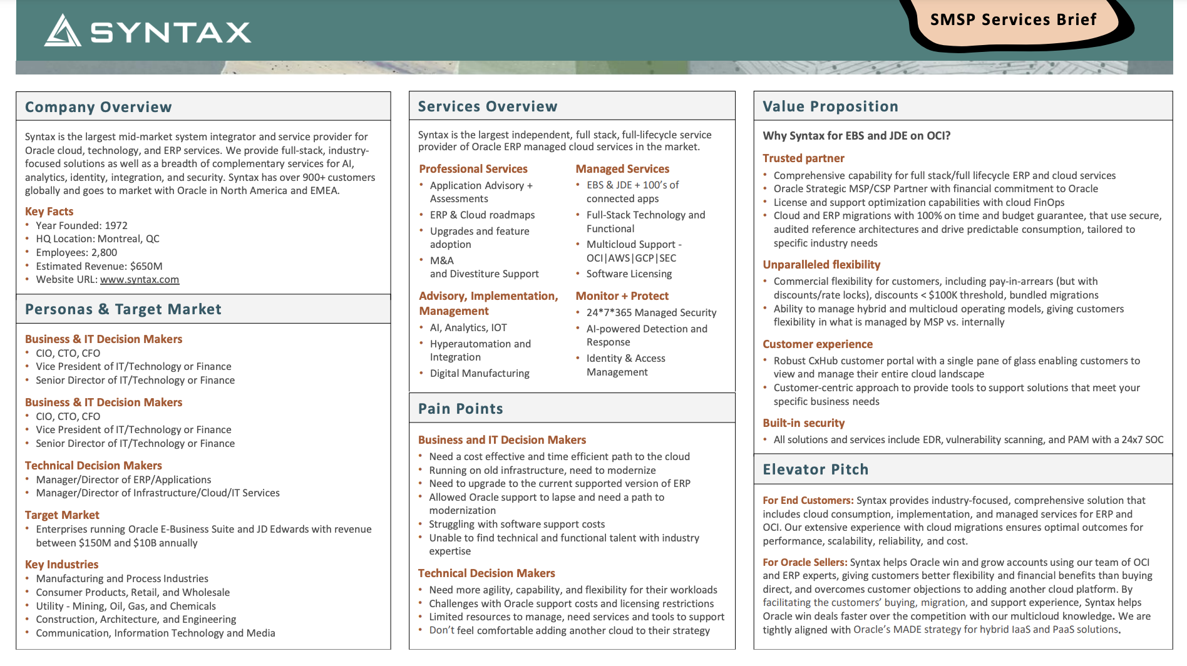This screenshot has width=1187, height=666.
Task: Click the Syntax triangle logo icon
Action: [63, 31]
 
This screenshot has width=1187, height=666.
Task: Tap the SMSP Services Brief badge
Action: [1013, 20]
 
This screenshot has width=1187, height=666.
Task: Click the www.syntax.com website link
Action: [140, 280]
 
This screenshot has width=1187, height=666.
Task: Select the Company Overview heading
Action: [98, 107]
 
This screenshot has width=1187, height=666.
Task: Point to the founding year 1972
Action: [116, 225]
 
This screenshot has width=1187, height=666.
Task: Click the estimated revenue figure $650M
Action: [146, 266]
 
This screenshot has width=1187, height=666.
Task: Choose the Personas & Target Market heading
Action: [123, 309]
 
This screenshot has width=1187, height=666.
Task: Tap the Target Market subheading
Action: [62, 515]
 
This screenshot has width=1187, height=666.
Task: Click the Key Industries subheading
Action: [61, 565]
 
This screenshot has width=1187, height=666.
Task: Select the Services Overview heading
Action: [488, 106]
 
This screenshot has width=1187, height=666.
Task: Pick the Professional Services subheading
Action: [473, 169]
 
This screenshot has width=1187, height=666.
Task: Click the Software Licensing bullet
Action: [629, 274]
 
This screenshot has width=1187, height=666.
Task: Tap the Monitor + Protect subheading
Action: [622, 296]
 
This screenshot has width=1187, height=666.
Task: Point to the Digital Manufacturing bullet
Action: [480, 374]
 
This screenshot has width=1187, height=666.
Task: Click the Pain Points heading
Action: [461, 409]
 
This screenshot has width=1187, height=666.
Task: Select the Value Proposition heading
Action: [830, 106]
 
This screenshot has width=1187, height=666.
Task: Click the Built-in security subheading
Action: [803, 423]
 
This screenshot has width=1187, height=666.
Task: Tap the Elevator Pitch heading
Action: [815, 469]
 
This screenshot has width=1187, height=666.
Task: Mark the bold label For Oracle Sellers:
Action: [804, 562]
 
